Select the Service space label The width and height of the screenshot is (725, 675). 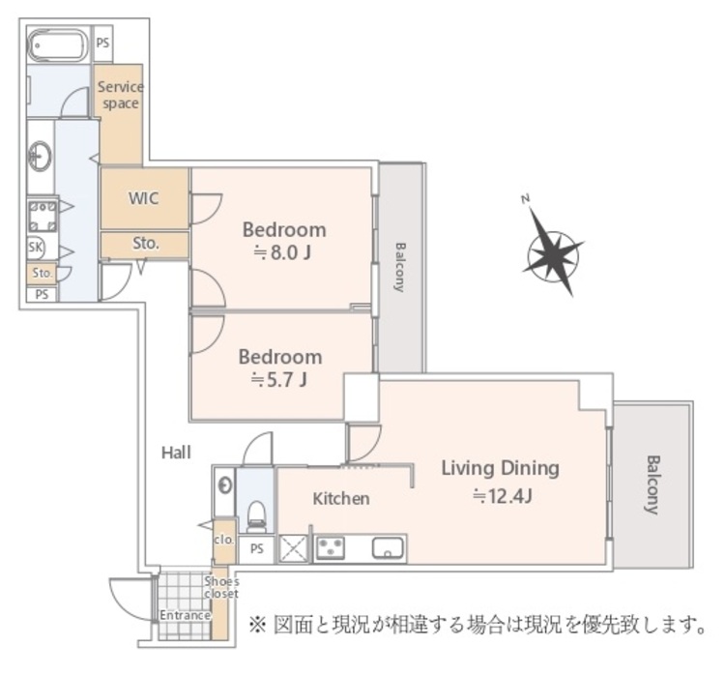[120, 96]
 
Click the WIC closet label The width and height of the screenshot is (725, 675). [144, 197]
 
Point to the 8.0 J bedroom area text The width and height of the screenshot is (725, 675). [283, 253]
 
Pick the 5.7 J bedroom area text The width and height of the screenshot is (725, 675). [279, 379]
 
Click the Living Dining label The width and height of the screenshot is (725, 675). [500, 469]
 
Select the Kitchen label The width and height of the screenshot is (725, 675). [341, 499]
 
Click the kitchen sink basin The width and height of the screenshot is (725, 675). [389, 548]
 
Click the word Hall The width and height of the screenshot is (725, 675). [176, 452]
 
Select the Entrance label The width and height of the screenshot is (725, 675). [185, 615]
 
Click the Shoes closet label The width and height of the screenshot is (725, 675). [221, 588]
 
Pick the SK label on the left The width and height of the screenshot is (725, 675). [36, 247]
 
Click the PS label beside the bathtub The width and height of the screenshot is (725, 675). [102, 44]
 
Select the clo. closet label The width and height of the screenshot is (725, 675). [223, 539]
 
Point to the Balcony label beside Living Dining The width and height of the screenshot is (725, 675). [653, 484]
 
